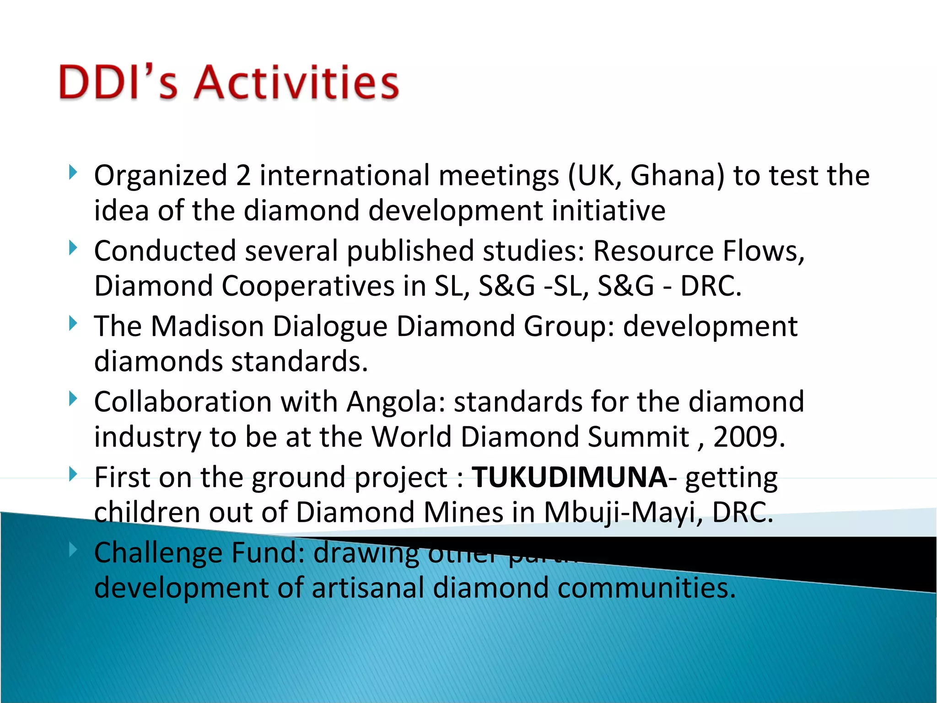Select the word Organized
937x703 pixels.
[x=161, y=176]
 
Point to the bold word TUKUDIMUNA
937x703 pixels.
[x=569, y=477]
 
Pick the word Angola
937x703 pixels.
[x=396, y=402]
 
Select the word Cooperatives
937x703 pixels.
[x=308, y=286]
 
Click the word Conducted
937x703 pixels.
[x=165, y=251]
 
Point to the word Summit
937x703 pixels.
[x=638, y=437]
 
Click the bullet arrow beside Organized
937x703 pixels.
[x=72, y=173]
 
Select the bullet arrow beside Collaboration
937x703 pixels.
[x=72, y=399]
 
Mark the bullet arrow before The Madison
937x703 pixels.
[x=72, y=323]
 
